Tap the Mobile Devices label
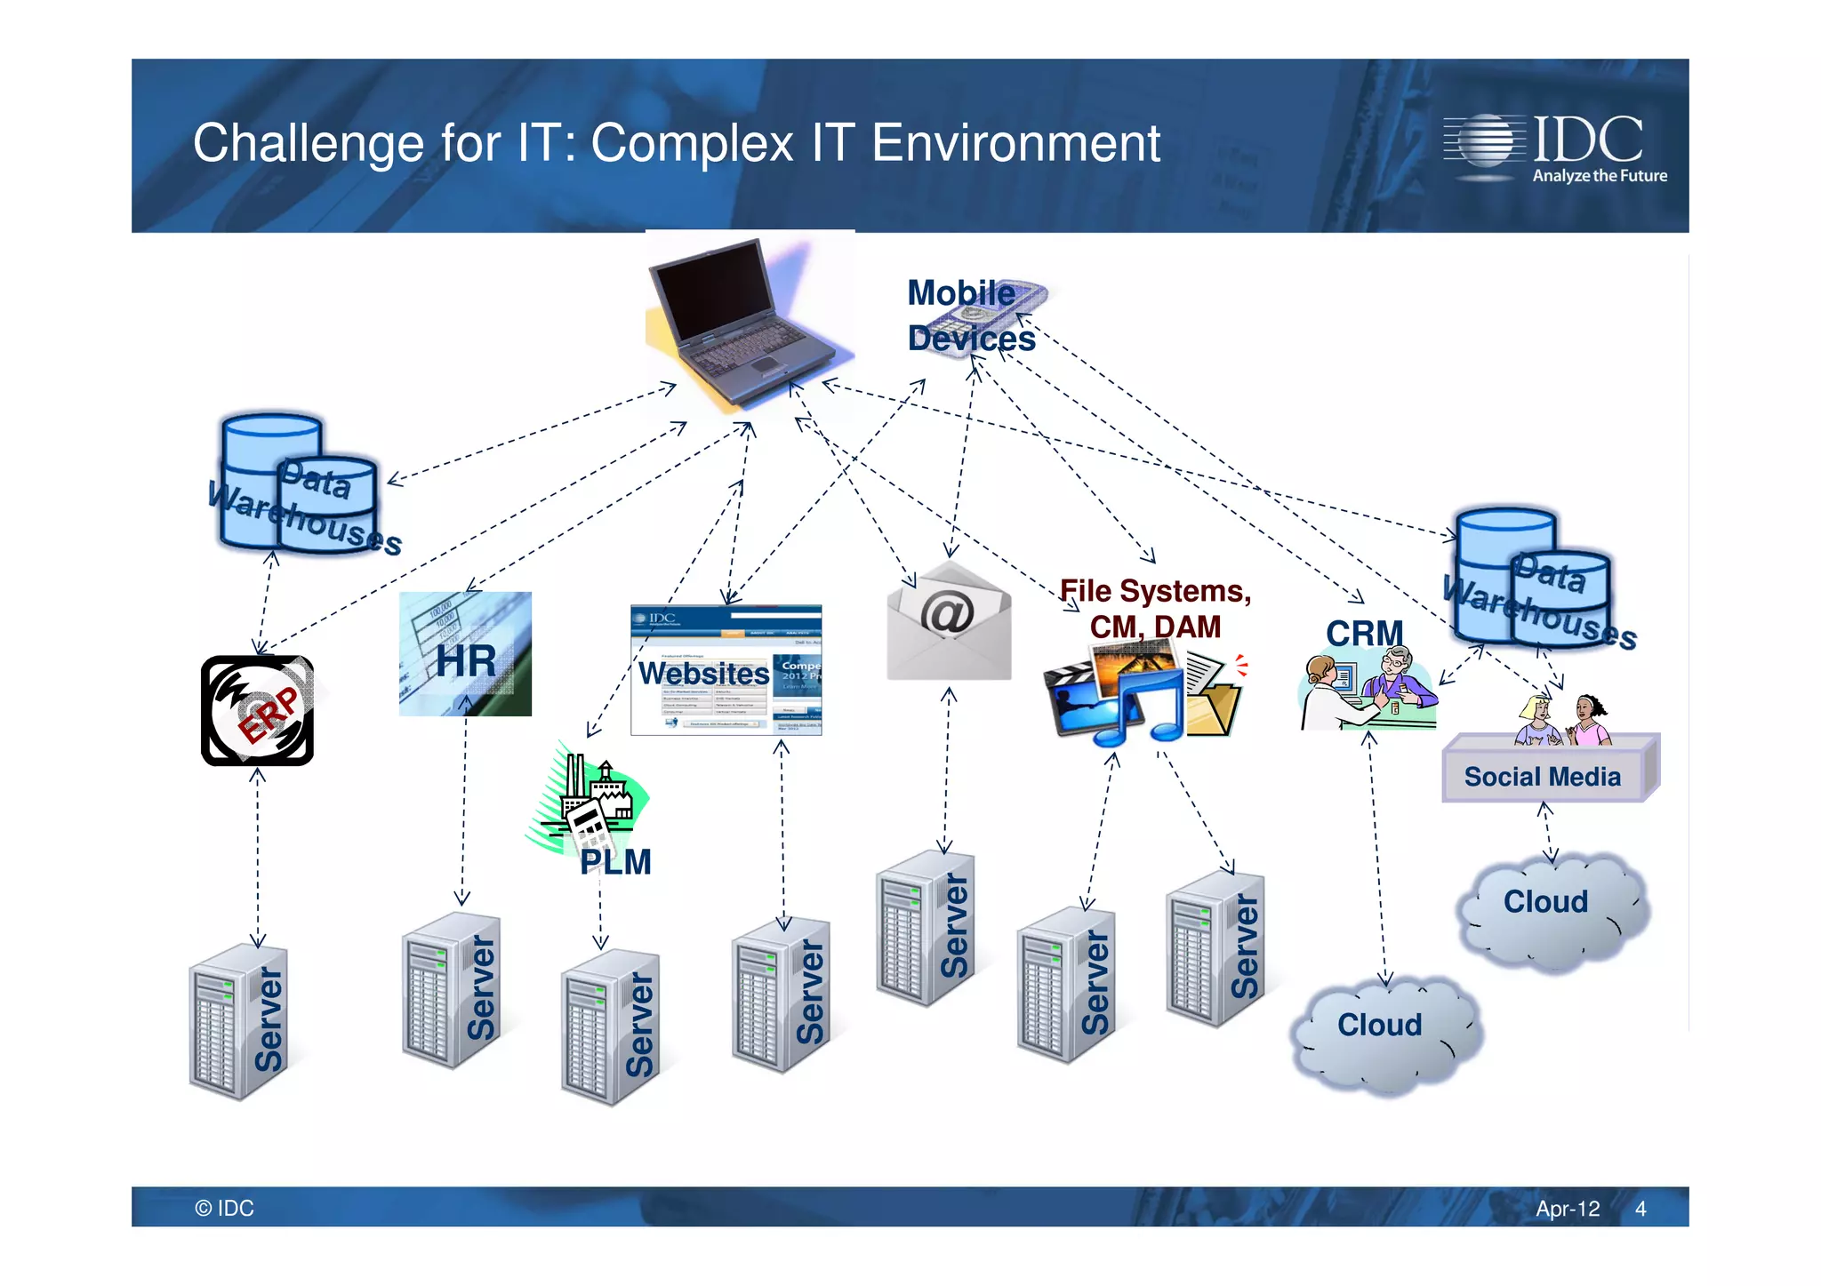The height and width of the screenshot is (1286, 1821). tap(970, 316)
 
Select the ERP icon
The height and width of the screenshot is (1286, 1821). tap(257, 711)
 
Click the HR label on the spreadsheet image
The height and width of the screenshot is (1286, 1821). tap(466, 662)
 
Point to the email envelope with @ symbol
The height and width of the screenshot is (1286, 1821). tap(949, 622)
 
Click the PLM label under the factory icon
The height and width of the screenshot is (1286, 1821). tap(615, 862)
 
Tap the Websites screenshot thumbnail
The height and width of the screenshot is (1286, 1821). tap(726, 671)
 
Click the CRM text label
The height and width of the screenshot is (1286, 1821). tap(1364, 634)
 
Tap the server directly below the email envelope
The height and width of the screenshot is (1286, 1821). tap(926, 929)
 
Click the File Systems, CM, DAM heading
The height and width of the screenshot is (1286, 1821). tap(1155, 609)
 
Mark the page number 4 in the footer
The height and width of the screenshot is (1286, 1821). tap(1641, 1209)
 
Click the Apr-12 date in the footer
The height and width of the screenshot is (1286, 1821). tap(1568, 1209)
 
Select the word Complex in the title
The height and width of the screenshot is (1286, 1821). tap(692, 144)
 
